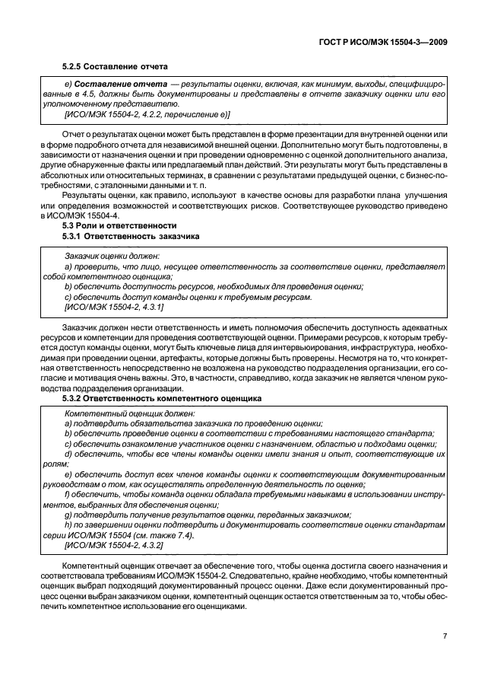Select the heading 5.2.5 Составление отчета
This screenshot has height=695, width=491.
tap(115, 66)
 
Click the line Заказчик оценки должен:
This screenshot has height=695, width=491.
tap(112, 257)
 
